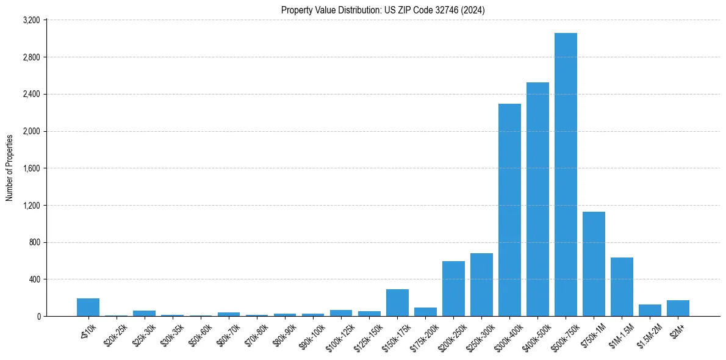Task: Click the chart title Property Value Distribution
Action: click(383, 10)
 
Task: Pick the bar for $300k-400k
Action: click(509, 210)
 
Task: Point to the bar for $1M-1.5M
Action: click(622, 287)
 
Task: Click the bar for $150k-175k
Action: click(397, 303)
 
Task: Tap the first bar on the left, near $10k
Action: click(88, 307)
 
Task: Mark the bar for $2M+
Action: click(678, 308)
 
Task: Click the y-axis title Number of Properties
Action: click(10, 168)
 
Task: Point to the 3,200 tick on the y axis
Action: click(31, 20)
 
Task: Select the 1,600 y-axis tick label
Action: click(31, 168)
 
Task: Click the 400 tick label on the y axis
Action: click(34, 279)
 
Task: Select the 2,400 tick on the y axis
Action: click(31, 95)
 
